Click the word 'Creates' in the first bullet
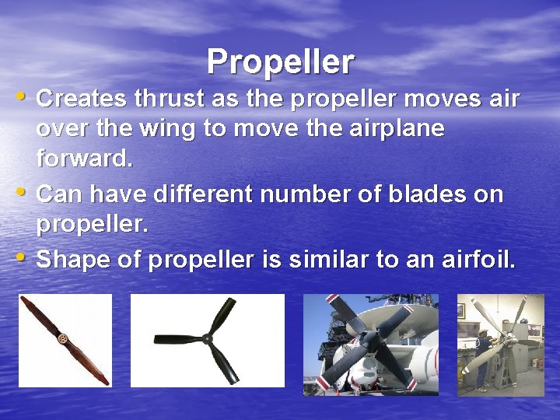82,100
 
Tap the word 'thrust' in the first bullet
168,100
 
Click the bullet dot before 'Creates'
23,98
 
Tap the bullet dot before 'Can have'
23,192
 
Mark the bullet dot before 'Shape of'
23,258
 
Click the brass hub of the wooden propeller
61,338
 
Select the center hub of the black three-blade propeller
206,338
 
